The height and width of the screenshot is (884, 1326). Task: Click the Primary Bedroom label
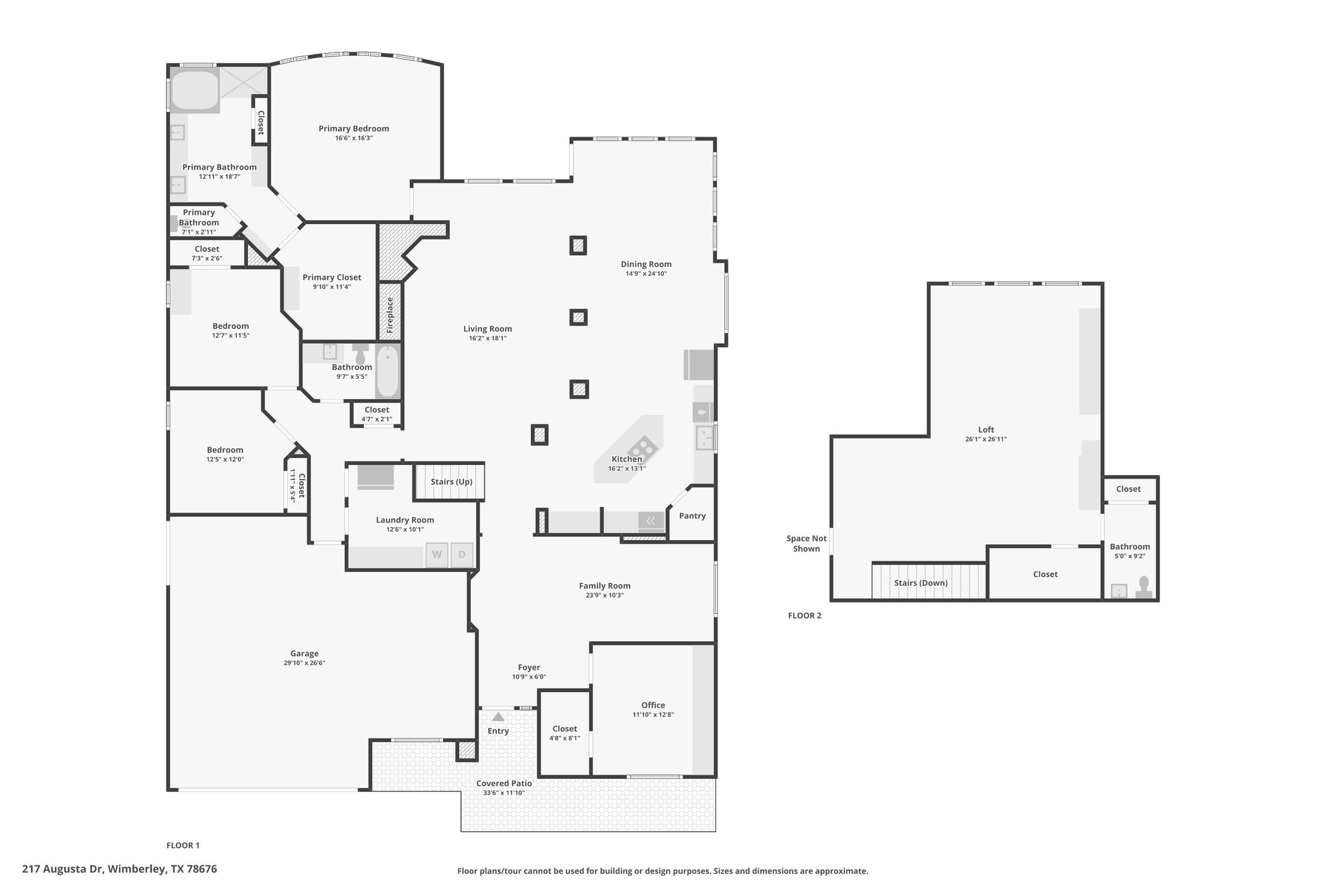point(354,128)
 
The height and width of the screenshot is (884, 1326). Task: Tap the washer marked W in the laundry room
point(437,554)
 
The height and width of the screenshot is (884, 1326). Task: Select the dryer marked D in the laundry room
point(462,554)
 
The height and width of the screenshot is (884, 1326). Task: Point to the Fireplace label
point(390,315)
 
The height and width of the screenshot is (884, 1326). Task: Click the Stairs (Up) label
point(451,482)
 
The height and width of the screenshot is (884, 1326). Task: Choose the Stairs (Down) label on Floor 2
point(921,583)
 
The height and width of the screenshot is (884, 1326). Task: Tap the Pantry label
point(692,516)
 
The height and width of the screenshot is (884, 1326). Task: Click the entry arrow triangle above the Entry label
point(498,717)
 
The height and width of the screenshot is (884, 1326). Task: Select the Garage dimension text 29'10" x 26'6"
point(304,663)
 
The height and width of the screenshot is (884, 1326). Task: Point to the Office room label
point(653,705)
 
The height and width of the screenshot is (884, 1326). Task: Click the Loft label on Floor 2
point(986,429)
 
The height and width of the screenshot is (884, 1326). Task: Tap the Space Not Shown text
point(807,543)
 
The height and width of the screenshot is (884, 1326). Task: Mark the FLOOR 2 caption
point(805,615)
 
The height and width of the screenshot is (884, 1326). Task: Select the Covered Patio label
point(504,783)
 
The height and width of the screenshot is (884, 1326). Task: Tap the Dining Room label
point(646,264)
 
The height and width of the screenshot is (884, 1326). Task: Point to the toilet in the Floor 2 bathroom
point(1144,587)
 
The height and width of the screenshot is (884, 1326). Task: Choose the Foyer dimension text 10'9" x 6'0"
point(529,677)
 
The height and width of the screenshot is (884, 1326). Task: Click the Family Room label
point(605,585)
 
